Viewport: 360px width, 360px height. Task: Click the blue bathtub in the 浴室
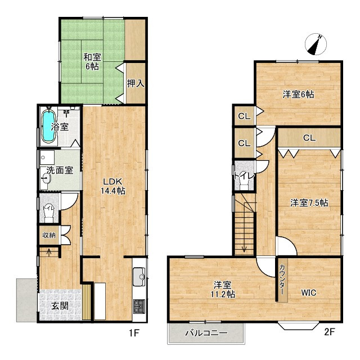(x=48, y=125)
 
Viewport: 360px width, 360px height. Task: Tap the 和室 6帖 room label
(x=92, y=61)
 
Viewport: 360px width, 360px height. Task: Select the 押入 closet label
(x=136, y=84)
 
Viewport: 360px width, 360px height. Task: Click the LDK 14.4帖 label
(x=113, y=186)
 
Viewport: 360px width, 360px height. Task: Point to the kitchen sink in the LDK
(x=139, y=277)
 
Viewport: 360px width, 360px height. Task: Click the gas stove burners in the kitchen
(x=139, y=306)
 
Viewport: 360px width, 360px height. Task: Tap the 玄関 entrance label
(x=60, y=305)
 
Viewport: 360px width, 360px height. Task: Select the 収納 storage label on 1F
(x=49, y=235)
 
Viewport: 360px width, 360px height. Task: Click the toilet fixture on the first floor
(x=49, y=214)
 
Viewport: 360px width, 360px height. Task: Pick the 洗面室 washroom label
(x=60, y=170)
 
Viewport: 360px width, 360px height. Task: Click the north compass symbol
(x=316, y=44)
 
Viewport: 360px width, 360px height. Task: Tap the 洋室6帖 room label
(x=298, y=94)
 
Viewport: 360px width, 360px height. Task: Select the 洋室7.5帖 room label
(x=309, y=203)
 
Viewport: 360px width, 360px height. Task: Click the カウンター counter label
(x=282, y=280)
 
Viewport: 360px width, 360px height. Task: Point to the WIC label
(x=309, y=292)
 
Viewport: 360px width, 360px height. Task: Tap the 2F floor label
(x=329, y=332)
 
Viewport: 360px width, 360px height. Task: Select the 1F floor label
(x=134, y=332)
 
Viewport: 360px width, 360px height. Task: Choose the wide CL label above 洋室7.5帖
(x=309, y=138)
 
